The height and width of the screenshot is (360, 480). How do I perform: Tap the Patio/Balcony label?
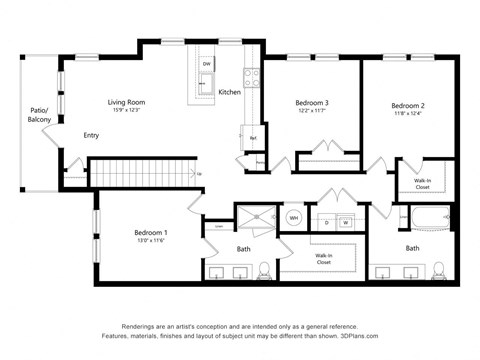39,115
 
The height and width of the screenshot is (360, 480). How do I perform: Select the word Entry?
91,135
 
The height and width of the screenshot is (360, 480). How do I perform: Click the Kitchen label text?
229,92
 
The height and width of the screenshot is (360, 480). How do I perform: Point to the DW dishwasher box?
206,63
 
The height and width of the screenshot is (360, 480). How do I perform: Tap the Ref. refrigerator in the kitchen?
253,138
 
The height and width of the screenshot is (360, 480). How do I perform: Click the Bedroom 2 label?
408,105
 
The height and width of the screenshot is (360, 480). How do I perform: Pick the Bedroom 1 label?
151,232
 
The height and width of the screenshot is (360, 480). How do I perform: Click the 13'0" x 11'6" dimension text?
151,241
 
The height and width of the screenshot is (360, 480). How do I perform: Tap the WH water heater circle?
294,217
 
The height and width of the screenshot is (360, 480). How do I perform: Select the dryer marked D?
326,221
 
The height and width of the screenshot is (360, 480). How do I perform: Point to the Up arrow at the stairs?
199,174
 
